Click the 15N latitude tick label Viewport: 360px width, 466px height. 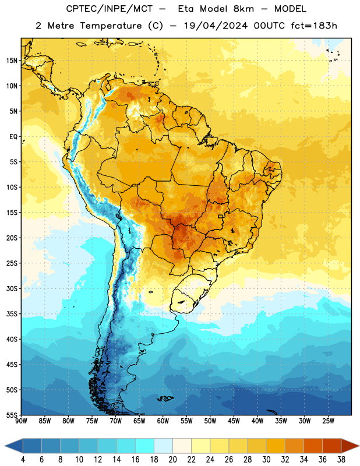click(12, 61)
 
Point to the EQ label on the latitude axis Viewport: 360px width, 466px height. click(13, 137)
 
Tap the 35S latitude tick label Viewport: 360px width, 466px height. click(12, 314)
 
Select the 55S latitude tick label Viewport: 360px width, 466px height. click(12, 415)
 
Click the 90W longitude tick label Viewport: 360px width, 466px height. click(21, 421)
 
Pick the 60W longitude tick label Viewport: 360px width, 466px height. click(163, 421)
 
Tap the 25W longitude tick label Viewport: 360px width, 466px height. click(328, 421)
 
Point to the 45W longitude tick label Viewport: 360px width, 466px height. click(234, 421)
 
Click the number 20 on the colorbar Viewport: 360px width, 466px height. click(172, 460)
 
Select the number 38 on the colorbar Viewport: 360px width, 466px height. click(341, 460)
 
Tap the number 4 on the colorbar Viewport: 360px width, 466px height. click(23, 460)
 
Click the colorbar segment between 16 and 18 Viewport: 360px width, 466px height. click(144, 446)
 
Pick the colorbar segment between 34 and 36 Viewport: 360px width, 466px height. click(313, 446)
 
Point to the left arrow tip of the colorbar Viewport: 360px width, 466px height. click(5, 446)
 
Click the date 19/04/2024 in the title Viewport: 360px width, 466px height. click(216, 26)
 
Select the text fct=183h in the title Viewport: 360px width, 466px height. click(314, 26)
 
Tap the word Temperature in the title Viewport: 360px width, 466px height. click(111, 26)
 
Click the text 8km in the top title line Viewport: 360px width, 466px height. click(243, 9)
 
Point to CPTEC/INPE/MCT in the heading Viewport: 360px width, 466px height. click(109, 9)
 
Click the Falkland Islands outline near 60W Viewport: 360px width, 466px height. click(165, 398)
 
